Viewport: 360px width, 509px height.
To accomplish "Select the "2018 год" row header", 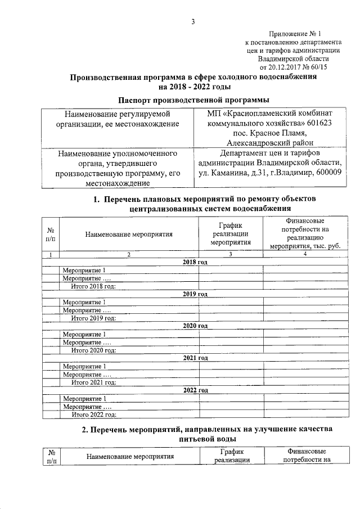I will [196, 263].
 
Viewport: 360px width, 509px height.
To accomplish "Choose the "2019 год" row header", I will [196, 294].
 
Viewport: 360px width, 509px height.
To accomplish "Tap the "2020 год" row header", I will [196, 326].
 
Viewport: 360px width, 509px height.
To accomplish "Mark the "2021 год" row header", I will [196, 358].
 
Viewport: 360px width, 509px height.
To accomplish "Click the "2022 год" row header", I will [196, 390].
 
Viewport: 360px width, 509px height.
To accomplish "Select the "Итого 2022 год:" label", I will [93, 414].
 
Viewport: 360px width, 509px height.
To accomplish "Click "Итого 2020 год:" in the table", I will [93, 350].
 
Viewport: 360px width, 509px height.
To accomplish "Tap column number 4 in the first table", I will [304, 255].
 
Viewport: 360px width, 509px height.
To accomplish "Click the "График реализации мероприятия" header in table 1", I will [230, 235].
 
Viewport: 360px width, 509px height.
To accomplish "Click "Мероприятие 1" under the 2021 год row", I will [84, 366].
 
